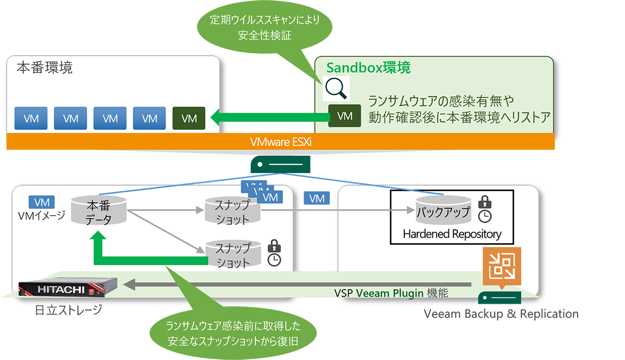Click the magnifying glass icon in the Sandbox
(336, 89)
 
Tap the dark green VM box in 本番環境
(189, 118)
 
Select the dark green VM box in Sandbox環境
(345, 116)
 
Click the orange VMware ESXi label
(281, 142)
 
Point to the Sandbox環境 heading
(368, 68)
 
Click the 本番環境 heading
(45, 68)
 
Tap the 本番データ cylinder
(99, 210)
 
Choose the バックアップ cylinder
(443, 210)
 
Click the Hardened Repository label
(452, 234)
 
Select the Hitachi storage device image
(68, 287)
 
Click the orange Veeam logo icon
(502, 266)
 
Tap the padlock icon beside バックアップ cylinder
(485, 202)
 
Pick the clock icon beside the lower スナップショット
(274, 260)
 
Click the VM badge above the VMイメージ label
(42, 202)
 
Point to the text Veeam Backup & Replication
(501, 314)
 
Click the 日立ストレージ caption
(69, 310)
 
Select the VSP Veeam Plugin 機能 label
(391, 293)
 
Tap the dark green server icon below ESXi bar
(280, 165)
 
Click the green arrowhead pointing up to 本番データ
(98, 235)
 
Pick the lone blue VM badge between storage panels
(317, 198)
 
